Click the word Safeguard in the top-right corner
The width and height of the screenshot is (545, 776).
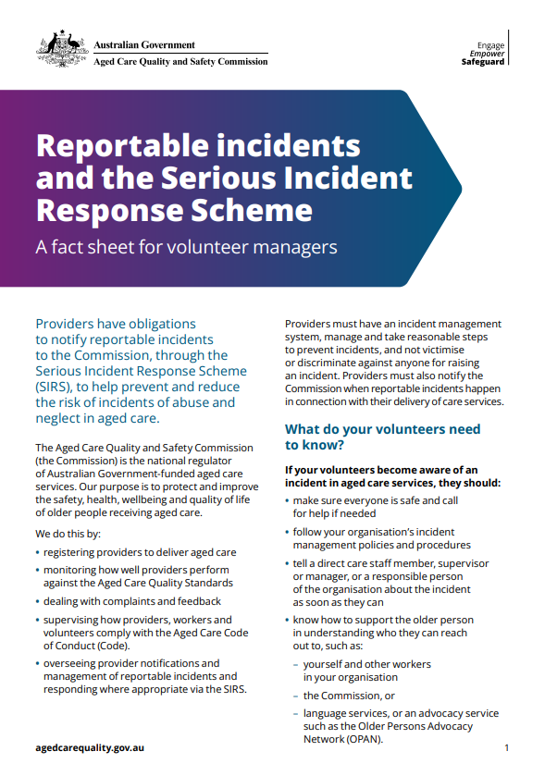click(x=483, y=63)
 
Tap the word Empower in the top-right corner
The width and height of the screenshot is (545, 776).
click(x=487, y=54)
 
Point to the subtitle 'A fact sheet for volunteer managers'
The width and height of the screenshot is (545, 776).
click(x=185, y=247)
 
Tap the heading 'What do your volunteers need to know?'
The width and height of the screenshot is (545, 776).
click(x=382, y=437)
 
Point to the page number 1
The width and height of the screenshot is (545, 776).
click(x=507, y=746)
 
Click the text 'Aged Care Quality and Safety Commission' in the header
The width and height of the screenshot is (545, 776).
click(x=180, y=62)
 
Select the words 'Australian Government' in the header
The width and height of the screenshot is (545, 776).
click(x=144, y=44)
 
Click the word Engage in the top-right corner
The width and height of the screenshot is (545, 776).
click(x=490, y=44)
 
